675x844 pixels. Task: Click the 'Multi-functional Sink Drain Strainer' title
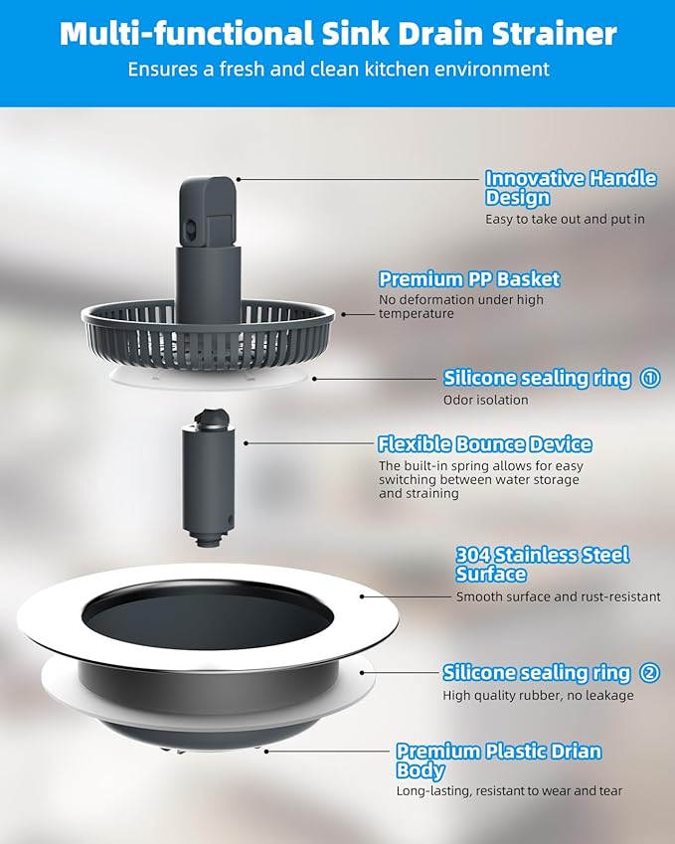click(337, 33)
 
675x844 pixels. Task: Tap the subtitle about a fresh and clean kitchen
click(337, 70)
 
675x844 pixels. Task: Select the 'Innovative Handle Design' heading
click(570, 188)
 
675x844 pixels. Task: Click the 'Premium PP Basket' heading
click(469, 279)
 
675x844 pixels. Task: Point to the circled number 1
click(650, 378)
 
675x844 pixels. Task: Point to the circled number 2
click(650, 673)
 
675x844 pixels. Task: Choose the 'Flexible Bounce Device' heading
click(484, 444)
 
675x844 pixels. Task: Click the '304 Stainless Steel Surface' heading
click(542, 565)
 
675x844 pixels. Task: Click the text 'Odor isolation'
click(485, 401)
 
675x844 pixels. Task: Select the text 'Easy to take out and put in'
click(559, 219)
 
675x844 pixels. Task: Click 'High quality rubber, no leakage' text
click(538, 695)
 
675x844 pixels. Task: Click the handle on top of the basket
click(208, 209)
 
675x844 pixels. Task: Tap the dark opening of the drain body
click(206, 614)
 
